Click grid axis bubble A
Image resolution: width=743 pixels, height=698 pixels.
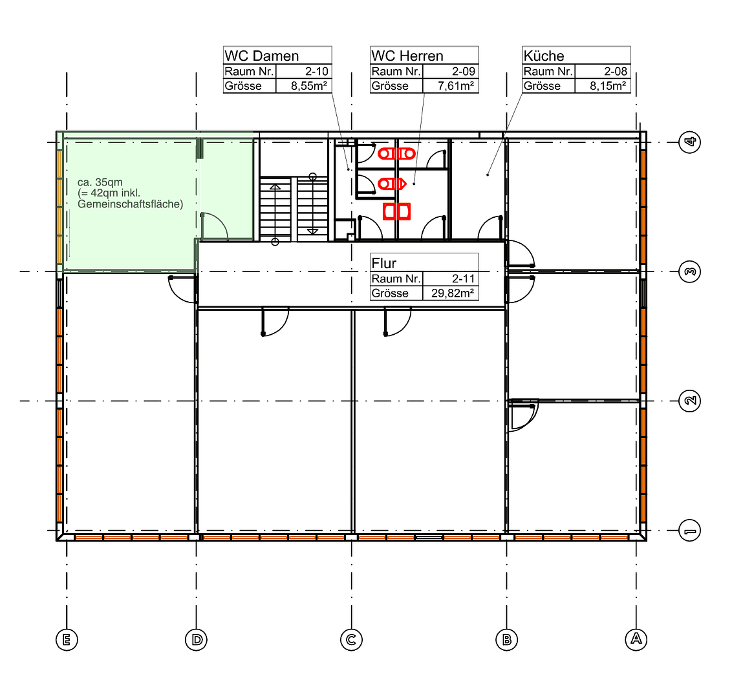tap(636, 639)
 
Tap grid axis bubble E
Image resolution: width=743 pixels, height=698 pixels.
tap(67, 640)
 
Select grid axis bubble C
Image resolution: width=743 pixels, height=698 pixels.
tap(351, 640)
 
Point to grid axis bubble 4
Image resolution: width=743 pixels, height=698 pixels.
tap(689, 142)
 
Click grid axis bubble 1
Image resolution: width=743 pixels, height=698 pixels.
tap(689, 531)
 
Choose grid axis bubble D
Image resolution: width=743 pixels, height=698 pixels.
tap(196, 640)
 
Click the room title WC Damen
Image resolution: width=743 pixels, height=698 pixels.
tap(261, 56)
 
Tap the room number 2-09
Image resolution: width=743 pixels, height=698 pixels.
tap(464, 72)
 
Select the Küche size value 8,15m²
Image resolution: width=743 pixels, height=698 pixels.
tap(607, 86)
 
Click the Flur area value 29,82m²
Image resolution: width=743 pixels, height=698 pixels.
tap(453, 293)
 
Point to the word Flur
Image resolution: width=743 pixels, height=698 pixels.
tap(384, 263)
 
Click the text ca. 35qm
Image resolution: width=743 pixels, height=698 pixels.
tap(100, 182)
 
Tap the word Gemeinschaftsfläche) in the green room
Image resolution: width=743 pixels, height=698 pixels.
tap(131, 204)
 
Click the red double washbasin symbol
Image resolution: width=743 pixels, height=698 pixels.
tap(396, 211)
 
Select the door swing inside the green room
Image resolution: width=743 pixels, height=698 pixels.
tap(214, 226)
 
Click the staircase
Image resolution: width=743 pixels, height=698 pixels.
tap(294, 208)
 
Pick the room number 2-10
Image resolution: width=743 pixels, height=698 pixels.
tap(316, 72)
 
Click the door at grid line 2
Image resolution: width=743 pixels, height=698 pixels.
tap(523, 416)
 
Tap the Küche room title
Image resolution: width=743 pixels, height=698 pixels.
tap(543, 56)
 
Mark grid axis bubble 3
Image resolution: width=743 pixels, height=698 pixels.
tap(689, 272)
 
